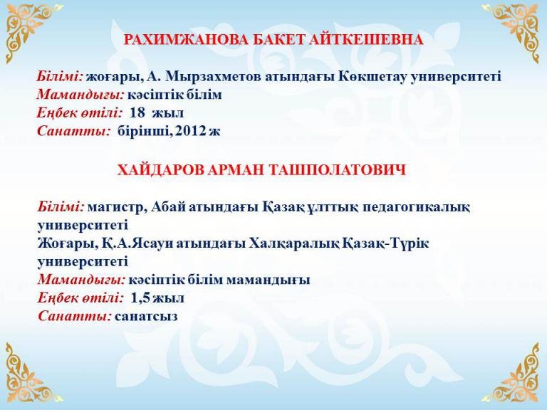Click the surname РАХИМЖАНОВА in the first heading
click(186, 40)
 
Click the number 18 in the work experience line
click(137, 112)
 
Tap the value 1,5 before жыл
click(140, 298)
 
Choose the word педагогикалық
click(416, 207)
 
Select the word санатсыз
click(146, 316)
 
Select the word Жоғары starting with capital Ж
click(66, 243)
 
